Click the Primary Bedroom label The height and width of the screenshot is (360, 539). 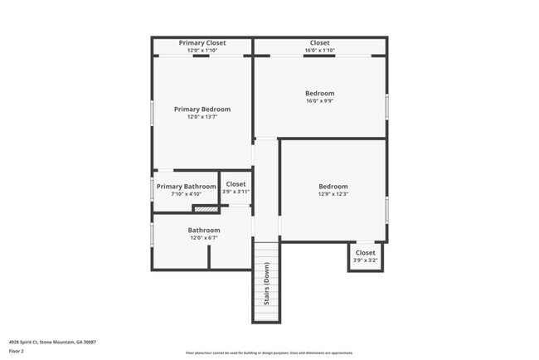point(202,109)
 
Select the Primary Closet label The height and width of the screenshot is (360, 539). point(202,42)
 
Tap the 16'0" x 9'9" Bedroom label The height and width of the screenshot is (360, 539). point(319,93)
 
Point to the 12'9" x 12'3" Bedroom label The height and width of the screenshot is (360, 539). point(333,187)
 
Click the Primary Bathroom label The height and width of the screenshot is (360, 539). point(186,187)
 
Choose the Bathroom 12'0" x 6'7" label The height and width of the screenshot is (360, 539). point(204,230)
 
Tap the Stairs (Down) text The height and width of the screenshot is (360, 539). point(267,283)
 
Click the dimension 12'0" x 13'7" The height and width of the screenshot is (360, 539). point(202,117)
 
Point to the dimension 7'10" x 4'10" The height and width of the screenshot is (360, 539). point(186,194)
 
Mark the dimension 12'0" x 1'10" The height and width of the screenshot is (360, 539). point(202,51)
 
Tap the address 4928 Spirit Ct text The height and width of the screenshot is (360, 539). point(52,342)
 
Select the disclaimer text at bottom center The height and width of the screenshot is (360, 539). point(269,353)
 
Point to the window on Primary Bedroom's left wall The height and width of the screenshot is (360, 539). point(152,112)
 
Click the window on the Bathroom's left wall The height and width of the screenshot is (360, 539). point(152,233)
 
